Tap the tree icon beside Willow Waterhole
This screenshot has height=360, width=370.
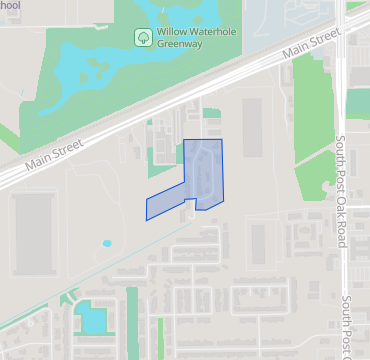[143, 37]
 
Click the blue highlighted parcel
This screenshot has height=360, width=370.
[200, 175]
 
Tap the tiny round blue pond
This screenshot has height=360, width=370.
[107, 243]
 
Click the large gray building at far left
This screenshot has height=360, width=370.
[33, 222]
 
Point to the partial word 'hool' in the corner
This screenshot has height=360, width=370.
[10, 5]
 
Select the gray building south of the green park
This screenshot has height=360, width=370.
[258, 240]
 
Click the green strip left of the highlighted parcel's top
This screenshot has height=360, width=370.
[160, 150]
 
